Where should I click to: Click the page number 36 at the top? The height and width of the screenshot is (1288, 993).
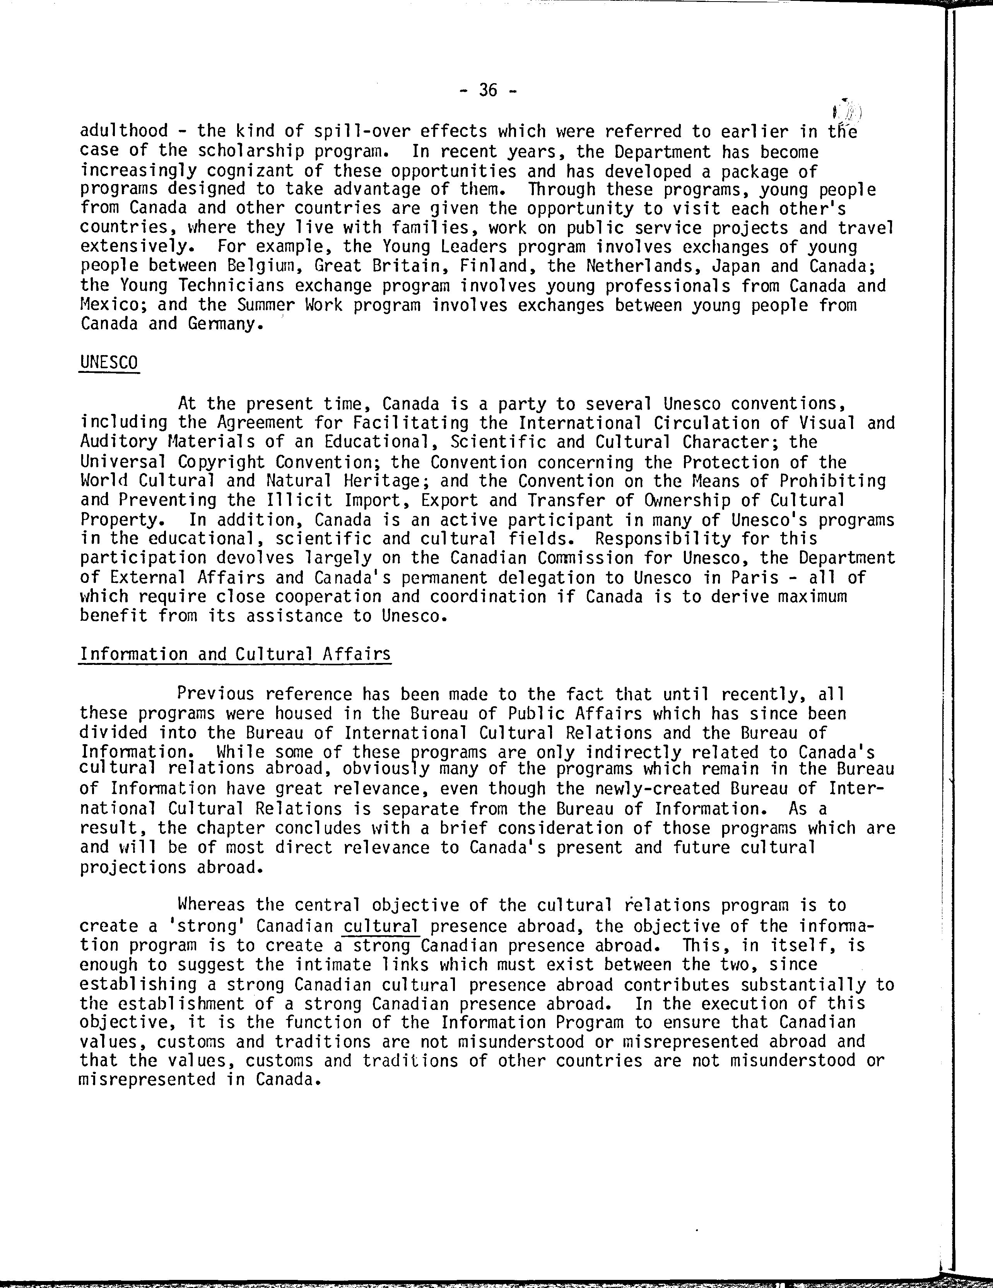pyautogui.click(x=489, y=90)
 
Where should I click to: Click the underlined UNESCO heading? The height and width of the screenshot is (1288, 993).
pyautogui.click(x=109, y=362)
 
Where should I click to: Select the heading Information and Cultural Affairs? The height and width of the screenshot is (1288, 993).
pyautogui.click(x=235, y=654)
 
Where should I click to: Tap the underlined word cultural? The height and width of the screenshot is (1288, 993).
pyautogui.click(x=381, y=926)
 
